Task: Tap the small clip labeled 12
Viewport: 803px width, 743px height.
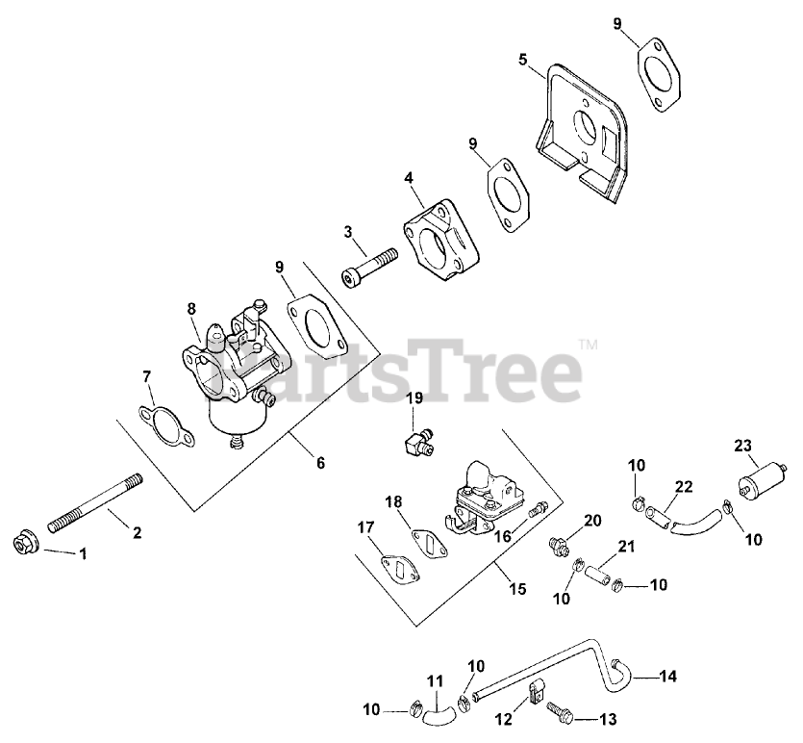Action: click(537, 690)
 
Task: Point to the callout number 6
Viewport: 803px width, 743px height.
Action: click(319, 463)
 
